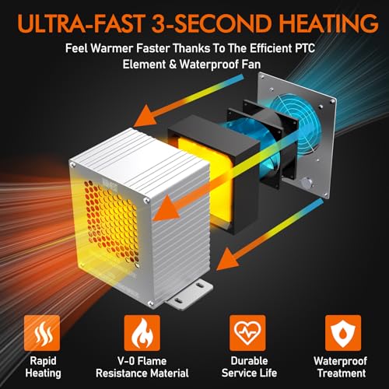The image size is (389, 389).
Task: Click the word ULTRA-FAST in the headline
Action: pos(80,24)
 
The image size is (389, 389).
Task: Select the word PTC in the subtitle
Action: pos(305,48)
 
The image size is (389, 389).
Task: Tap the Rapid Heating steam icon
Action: pos(42,333)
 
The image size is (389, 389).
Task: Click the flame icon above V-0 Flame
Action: pos(142,333)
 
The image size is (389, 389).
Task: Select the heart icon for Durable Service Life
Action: pos(247,333)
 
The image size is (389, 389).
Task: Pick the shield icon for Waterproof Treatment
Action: pos(343,333)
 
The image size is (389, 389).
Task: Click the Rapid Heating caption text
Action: pos(43,367)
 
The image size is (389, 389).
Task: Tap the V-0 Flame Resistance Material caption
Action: pos(142,367)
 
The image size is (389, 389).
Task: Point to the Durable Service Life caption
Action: pos(249,367)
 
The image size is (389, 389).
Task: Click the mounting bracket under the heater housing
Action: pos(189,296)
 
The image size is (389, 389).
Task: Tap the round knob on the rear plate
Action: pos(307,184)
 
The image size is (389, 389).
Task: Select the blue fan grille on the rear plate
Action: pos(298,122)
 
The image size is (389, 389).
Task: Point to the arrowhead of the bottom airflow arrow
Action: pos(227,258)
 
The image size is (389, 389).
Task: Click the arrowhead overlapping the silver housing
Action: pos(166,209)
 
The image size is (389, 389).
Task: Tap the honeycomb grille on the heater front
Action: pos(111,220)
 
